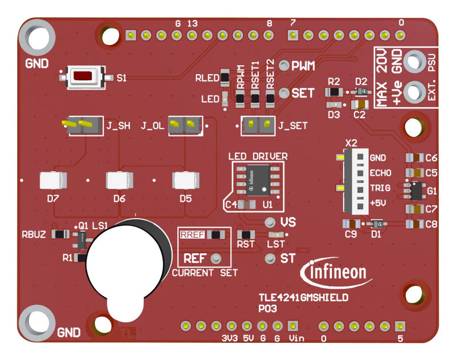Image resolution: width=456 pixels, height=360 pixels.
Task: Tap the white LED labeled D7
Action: pyautogui.click(x=54, y=180)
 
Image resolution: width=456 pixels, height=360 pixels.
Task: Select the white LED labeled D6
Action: pyautogui.click(x=120, y=180)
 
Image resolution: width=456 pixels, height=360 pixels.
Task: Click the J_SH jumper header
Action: pyautogui.click(x=79, y=126)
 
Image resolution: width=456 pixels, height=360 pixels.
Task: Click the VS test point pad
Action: pyautogui.click(x=271, y=221)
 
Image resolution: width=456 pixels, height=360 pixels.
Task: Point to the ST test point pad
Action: pyautogui.click(x=271, y=258)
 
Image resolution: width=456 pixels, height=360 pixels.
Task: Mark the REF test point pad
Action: pyautogui.click(x=215, y=258)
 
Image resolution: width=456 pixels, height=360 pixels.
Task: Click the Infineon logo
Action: pyautogui.click(x=338, y=271)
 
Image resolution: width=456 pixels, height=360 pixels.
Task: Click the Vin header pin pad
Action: pyautogui.click(x=293, y=326)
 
